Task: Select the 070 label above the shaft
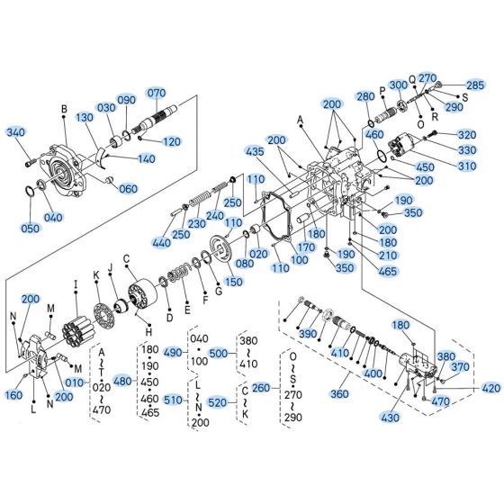(x=157, y=93)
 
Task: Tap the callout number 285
(x=474, y=85)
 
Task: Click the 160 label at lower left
(x=15, y=394)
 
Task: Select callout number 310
(x=467, y=166)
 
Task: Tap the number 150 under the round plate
(x=233, y=282)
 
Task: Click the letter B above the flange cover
(x=64, y=111)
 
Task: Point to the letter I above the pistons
(x=76, y=284)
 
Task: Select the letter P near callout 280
(x=382, y=91)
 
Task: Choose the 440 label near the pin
(x=161, y=242)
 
